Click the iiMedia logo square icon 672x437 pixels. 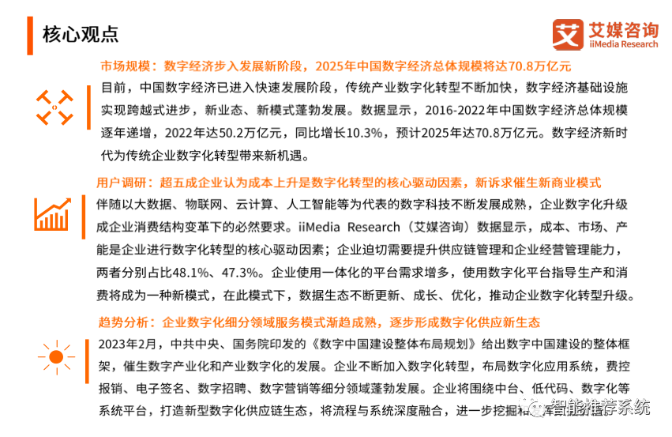(569, 35)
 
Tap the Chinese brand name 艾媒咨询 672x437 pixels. (623, 31)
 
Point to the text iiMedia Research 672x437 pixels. (623, 45)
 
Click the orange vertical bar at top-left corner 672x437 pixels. (30, 36)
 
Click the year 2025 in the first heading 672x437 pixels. (328, 66)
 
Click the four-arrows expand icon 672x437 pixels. (54, 107)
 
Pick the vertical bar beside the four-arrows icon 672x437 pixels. (88, 107)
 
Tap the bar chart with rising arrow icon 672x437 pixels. (52, 214)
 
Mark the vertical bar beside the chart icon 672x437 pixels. (84, 217)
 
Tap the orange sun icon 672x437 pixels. (55, 357)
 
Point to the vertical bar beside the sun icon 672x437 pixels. (87, 361)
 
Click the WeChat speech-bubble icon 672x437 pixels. (531, 406)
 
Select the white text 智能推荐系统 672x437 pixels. (600, 407)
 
